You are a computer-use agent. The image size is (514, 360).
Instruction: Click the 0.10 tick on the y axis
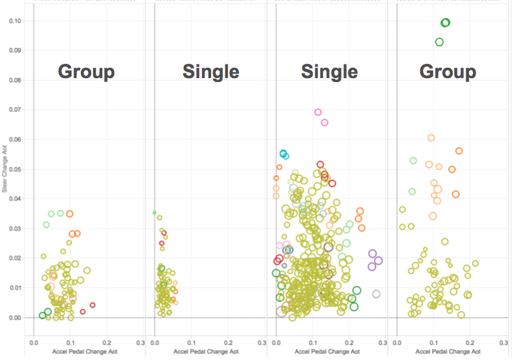(17, 21)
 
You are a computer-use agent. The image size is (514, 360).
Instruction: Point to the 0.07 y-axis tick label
(17, 110)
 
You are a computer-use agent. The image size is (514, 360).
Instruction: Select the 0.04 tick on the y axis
(17, 199)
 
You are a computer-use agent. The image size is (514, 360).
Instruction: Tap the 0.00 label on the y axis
(17, 318)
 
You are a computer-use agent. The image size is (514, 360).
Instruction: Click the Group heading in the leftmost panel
(87, 72)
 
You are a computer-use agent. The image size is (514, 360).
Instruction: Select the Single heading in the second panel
(210, 72)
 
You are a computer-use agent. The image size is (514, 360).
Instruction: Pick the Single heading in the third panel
(329, 72)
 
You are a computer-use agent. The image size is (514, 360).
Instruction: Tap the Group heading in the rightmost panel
(448, 72)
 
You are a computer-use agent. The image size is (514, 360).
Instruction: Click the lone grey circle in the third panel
(376, 294)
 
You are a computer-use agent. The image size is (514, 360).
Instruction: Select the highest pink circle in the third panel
(318, 112)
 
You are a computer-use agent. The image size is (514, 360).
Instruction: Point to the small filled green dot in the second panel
(154, 213)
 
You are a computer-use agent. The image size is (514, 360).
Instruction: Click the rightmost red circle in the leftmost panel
(93, 305)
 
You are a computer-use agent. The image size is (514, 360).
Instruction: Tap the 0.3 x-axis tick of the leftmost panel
(140, 342)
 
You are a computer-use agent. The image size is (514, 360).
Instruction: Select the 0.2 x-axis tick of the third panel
(349, 342)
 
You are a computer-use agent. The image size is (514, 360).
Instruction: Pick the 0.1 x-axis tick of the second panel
(192, 342)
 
